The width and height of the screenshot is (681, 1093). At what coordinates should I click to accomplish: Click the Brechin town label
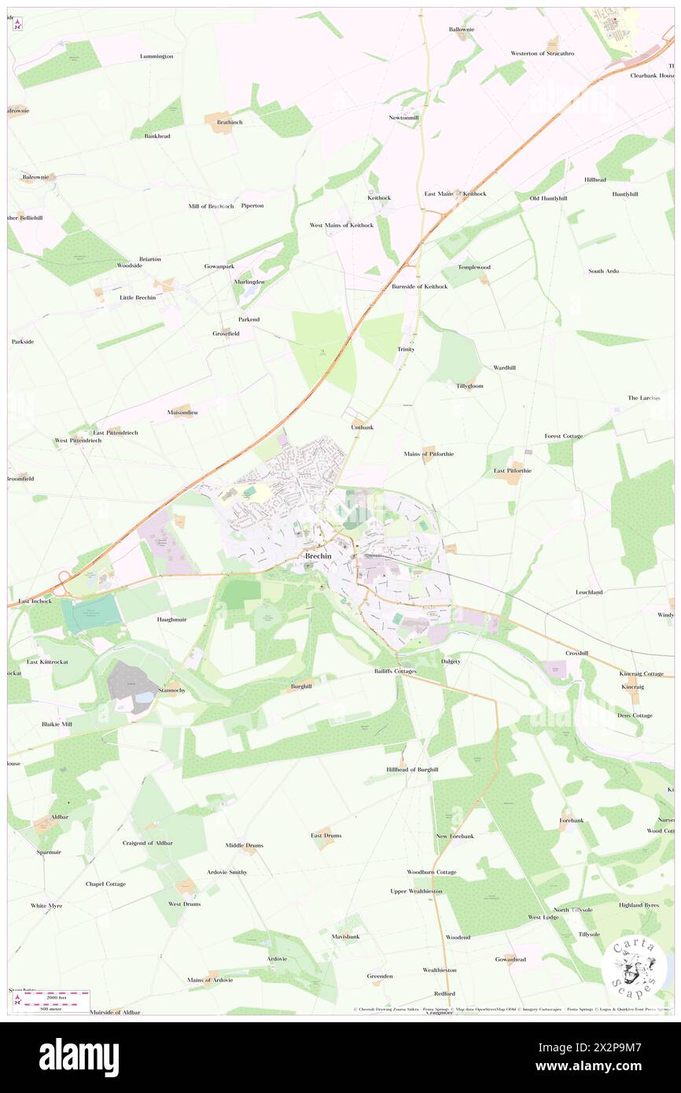pyautogui.click(x=318, y=556)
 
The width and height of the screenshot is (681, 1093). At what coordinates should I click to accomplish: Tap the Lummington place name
pyautogui.click(x=156, y=57)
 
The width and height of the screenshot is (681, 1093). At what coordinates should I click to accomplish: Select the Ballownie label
pyautogui.click(x=462, y=29)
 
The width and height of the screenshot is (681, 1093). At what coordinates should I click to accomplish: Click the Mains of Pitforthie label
pyautogui.click(x=429, y=454)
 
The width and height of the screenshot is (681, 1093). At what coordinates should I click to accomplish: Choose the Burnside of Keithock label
pyautogui.click(x=419, y=286)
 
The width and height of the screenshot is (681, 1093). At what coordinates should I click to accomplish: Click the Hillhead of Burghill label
pyautogui.click(x=412, y=769)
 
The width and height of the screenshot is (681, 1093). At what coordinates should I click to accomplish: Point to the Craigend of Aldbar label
pyautogui.click(x=147, y=843)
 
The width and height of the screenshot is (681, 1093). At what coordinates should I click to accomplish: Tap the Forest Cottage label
pyautogui.click(x=563, y=436)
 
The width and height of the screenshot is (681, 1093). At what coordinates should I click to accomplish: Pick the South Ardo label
pyautogui.click(x=603, y=271)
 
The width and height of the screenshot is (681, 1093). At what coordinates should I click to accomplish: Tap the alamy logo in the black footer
pyautogui.click(x=79, y=1057)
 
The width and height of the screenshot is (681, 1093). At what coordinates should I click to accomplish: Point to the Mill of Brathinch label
pyautogui.click(x=211, y=206)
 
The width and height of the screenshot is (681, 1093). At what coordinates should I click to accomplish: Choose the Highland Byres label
pyautogui.click(x=639, y=905)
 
